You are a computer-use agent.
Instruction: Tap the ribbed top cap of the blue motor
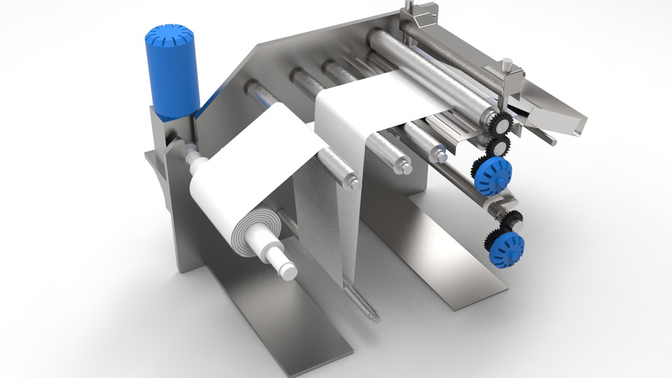click(x=167, y=34)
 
